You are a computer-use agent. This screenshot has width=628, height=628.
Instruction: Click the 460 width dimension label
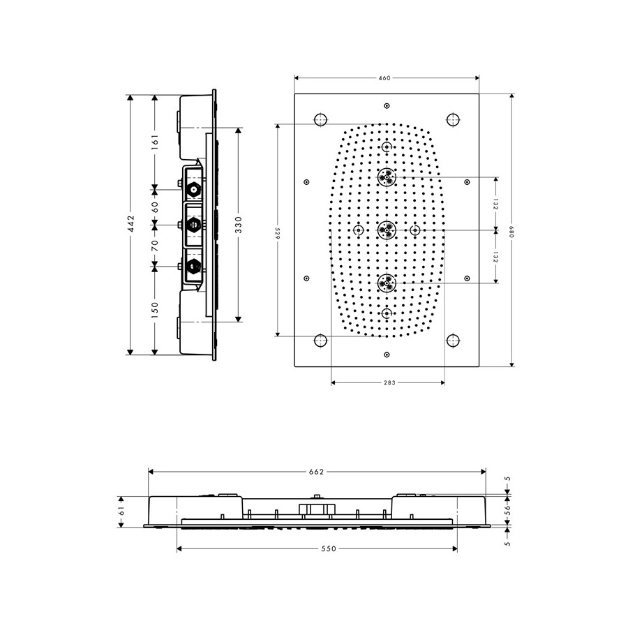pyautogui.click(x=384, y=78)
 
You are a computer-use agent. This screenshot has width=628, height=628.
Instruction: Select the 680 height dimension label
pyautogui.click(x=511, y=232)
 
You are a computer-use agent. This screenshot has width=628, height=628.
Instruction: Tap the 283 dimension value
pyautogui.click(x=389, y=383)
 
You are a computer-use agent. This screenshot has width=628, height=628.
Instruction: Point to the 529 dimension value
pyautogui.click(x=277, y=234)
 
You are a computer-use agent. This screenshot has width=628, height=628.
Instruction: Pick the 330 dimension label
pyautogui.click(x=239, y=225)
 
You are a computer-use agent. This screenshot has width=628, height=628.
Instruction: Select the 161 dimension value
pyautogui.click(x=155, y=142)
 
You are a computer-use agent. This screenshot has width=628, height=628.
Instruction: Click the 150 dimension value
pyautogui.click(x=155, y=310)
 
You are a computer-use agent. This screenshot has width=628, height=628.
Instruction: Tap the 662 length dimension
pyautogui.click(x=316, y=472)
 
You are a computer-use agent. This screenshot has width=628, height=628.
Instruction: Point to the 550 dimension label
pyautogui.click(x=329, y=548)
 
